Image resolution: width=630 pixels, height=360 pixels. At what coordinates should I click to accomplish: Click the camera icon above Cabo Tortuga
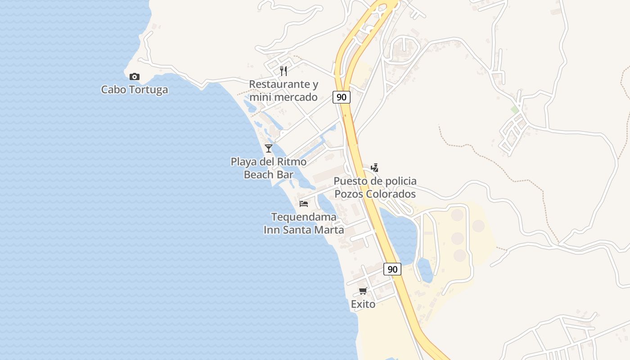[134, 76]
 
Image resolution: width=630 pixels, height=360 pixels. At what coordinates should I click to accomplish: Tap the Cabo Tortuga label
[134, 90]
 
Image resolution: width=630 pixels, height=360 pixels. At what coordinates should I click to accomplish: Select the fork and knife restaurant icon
[283, 71]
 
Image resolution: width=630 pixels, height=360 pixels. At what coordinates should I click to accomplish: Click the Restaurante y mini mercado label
[283, 90]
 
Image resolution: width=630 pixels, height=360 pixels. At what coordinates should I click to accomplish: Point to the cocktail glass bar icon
[269, 148]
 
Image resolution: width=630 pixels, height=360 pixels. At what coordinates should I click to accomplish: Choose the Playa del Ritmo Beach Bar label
[269, 168]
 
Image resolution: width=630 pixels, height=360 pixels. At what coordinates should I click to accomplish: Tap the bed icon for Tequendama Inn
[304, 203]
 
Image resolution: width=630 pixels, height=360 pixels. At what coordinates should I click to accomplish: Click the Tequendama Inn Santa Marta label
[304, 223]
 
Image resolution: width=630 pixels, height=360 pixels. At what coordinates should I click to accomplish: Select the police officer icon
[374, 168]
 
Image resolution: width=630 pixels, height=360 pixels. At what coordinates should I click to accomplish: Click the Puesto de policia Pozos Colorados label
[375, 187]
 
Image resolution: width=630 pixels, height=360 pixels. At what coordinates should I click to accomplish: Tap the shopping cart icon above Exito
[363, 291]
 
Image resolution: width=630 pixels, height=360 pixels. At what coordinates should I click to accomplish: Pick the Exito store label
[363, 304]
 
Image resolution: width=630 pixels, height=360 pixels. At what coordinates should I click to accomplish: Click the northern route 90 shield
[342, 97]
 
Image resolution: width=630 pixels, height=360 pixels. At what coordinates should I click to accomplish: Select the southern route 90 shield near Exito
[392, 269]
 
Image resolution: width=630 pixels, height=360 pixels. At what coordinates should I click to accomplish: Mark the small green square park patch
[514, 109]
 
